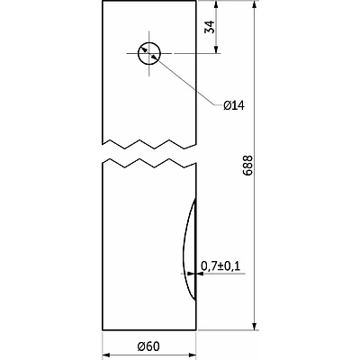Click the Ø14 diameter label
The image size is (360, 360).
pyautogui.click(x=234, y=105)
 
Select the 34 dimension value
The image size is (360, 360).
pyautogui.click(x=210, y=27)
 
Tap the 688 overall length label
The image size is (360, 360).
pyautogui.click(x=248, y=166)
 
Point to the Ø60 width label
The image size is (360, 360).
pyautogui.click(x=148, y=346)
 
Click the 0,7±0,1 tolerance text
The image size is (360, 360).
pyautogui.click(x=220, y=265)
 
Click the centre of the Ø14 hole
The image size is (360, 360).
pyautogui.click(x=149, y=54)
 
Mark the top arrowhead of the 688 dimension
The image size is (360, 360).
pyautogui.click(x=255, y=4)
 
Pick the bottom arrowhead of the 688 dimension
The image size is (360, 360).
pyautogui.click(x=255, y=327)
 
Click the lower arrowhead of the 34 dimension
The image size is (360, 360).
pyautogui.click(x=216, y=49)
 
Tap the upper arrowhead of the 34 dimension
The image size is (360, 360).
pyautogui.click(x=216, y=4)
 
